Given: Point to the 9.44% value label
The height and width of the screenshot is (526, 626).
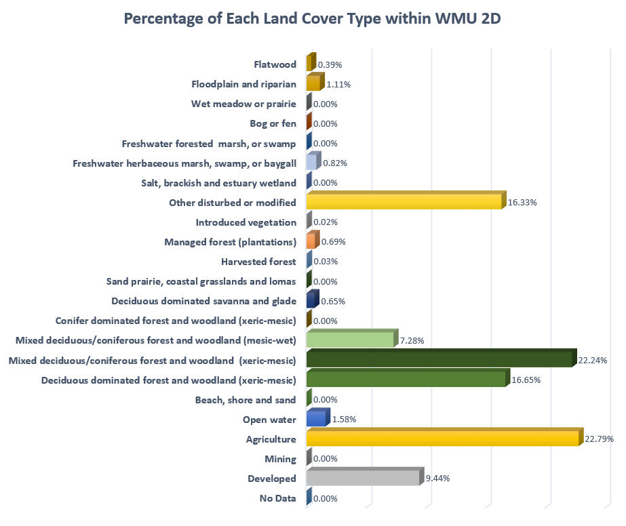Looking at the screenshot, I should tap(437, 479).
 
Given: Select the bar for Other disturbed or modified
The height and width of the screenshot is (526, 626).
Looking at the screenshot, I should tap(404, 202).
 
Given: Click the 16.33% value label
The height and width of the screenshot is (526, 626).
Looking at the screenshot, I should tap(522, 203).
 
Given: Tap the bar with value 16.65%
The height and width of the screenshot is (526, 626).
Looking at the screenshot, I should tap(406, 380).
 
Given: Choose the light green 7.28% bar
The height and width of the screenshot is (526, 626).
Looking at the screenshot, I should tap(350, 340).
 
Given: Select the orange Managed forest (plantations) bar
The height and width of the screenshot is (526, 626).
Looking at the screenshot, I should tap(311, 242).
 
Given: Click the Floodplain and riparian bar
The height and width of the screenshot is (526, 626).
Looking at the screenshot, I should tap(313, 84).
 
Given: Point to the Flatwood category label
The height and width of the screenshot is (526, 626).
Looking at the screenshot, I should tap(275, 64).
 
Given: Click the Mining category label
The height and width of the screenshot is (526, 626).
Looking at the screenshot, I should tap(280, 459).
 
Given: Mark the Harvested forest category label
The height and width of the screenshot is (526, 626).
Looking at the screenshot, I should tap(258, 262).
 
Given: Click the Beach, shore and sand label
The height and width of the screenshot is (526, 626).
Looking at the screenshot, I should tap(250, 400).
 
